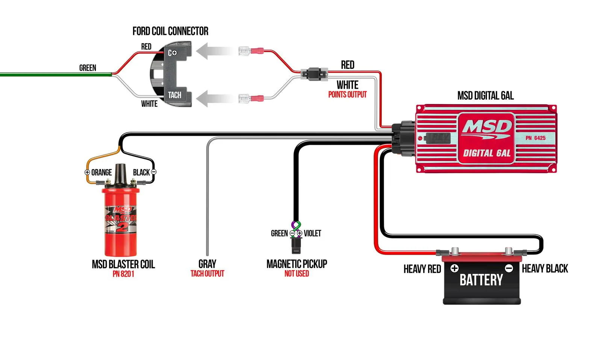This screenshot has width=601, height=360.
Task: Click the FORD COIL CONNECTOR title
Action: click(170, 31)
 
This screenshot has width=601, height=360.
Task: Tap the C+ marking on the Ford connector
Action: click(172, 53)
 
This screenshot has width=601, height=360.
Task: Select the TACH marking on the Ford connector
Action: click(174, 95)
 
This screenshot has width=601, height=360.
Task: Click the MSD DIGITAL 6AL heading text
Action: click(485, 96)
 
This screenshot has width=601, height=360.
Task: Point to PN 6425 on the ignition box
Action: click(535, 138)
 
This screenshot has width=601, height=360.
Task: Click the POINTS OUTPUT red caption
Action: click(347, 95)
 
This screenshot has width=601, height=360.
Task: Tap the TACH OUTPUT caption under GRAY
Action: click(207, 274)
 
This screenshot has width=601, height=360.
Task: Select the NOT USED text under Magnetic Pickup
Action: click(297, 274)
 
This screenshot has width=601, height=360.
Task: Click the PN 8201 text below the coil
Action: click(123, 274)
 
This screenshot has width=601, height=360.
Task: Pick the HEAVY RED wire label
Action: click(422, 269)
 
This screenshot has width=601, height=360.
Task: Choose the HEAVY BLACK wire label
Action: click(545, 269)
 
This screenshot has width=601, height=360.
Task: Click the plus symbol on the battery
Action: click(454, 268)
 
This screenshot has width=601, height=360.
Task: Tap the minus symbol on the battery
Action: click(509, 268)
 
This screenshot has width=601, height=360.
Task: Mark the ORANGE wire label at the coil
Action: click(101, 172)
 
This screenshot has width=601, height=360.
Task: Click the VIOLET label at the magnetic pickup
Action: click(312, 233)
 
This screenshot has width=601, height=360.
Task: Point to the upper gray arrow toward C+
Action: click(214, 51)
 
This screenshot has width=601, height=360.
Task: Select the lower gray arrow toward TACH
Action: click(214, 99)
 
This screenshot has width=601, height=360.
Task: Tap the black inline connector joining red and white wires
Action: click(314, 74)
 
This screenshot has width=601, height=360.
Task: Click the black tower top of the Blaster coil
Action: click(120, 174)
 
